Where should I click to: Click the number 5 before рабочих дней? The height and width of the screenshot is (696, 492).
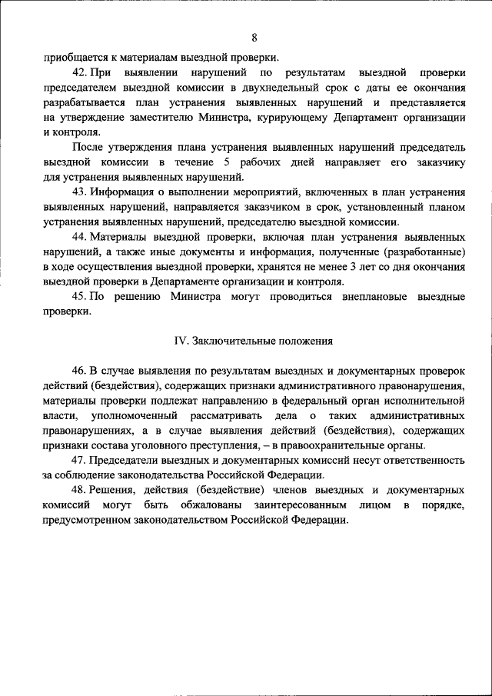coord(227,162)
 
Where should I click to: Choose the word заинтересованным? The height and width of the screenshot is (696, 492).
coord(285,505)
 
